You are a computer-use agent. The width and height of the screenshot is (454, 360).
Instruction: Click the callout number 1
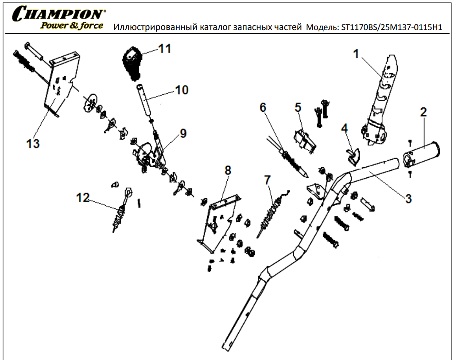pos(355,54)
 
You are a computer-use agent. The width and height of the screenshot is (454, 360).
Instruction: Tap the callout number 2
pos(423,112)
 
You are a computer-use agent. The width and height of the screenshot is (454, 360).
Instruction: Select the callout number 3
pos(408,198)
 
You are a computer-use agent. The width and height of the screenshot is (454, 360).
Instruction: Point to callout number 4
pos(344,128)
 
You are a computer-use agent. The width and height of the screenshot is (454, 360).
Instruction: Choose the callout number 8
pos(228,170)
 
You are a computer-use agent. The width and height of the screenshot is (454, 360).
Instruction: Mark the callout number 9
pos(183,133)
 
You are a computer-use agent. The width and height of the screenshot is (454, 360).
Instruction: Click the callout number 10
pos(182,90)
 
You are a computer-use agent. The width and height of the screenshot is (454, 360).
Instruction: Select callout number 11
pos(164,48)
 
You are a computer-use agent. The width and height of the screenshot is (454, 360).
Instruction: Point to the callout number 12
pos(83,198)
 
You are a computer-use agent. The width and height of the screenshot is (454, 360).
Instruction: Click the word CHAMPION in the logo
pos(60,14)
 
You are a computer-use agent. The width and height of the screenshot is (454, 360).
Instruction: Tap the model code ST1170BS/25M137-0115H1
pos(392,27)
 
